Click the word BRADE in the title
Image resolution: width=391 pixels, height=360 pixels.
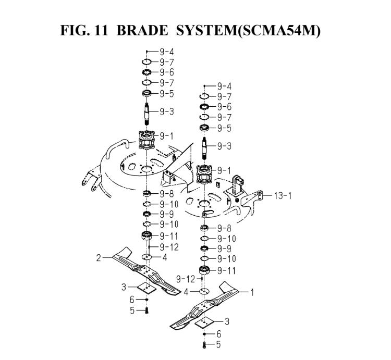142,30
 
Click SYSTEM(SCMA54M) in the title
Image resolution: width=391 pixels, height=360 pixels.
248,31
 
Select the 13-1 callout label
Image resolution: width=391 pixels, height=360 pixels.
283,195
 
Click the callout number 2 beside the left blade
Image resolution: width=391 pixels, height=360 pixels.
99,258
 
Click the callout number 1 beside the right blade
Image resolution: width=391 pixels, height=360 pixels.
252,292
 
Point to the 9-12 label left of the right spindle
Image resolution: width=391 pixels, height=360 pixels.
186,279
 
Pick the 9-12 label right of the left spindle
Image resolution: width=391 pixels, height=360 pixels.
169,247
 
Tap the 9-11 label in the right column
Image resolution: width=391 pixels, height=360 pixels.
226,270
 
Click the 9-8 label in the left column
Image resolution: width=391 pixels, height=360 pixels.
167,194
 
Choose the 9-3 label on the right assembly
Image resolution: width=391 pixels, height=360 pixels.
224,146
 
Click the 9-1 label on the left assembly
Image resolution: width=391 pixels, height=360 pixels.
166,136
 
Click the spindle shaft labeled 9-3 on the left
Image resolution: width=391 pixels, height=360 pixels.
146,114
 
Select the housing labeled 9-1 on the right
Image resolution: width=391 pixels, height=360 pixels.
204,175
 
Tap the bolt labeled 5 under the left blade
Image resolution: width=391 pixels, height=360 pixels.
146,311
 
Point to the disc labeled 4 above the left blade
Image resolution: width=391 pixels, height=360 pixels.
148,257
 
